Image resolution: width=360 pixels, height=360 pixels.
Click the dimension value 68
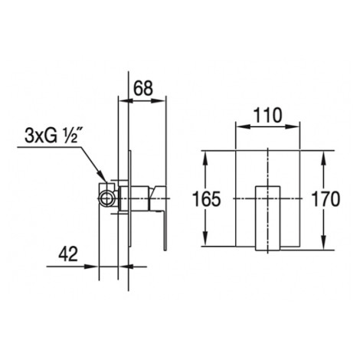(143, 88)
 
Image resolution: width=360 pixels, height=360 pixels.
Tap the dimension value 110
(268, 116)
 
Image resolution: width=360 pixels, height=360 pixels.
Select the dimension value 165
(206, 198)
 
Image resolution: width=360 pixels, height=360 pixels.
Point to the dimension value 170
(326, 198)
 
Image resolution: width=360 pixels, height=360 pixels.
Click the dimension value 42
(68, 254)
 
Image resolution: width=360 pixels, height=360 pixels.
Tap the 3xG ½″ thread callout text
(51, 136)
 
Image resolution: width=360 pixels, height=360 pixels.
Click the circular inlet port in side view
(106, 198)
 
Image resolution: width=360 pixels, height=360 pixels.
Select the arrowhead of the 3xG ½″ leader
(101, 176)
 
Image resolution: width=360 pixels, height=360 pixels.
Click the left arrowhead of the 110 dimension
(242, 127)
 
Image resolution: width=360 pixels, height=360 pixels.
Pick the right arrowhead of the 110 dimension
(293, 127)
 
